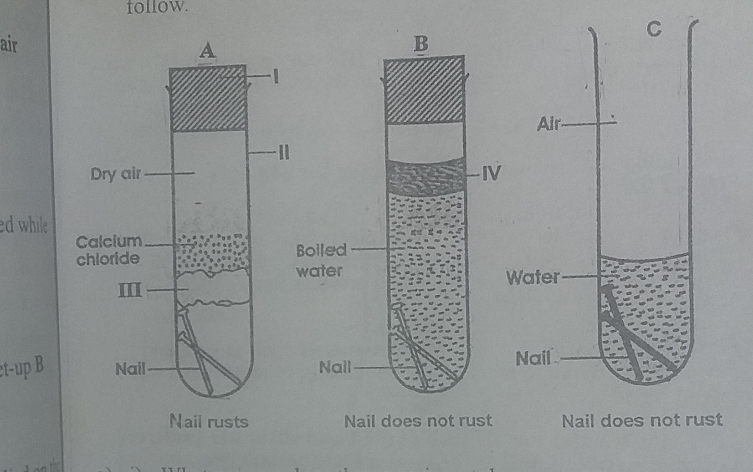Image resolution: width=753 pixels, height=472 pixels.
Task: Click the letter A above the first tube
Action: coord(208,51)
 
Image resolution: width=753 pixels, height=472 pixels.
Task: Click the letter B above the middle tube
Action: coord(421,44)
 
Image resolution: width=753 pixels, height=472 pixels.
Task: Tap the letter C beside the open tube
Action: coord(654,29)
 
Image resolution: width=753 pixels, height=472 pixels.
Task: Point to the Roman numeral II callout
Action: coord(283,152)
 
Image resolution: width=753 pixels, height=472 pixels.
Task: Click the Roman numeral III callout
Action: coord(130,290)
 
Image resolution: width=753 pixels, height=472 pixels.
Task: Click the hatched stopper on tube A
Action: coord(208,98)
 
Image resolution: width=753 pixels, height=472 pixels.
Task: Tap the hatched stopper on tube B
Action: coord(424,90)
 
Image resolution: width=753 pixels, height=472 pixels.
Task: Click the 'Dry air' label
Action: coord(116,174)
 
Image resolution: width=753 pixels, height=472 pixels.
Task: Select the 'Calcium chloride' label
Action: coord(108,250)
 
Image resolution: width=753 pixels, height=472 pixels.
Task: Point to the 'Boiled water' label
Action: coord(321,260)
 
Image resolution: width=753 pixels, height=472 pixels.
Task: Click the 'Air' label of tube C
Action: coord(548,124)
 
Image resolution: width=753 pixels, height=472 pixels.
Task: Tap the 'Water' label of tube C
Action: coord(532,277)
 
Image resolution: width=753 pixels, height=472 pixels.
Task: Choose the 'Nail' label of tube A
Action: coord(130,369)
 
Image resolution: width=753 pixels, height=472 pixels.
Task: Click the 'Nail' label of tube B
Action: coord(335,367)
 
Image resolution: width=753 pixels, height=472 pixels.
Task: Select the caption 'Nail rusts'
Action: coord(209,421)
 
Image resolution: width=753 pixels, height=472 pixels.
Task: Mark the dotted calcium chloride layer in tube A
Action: coord(211,253)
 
